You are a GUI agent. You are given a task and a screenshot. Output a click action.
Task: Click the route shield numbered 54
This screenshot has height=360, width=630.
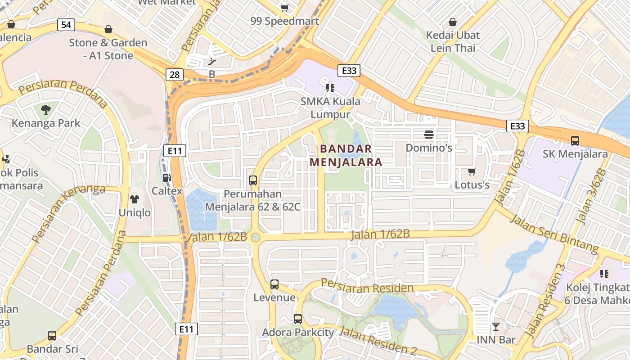(x=66, y=25)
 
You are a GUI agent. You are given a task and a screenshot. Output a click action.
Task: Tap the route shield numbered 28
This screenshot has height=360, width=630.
(x=174, y=74)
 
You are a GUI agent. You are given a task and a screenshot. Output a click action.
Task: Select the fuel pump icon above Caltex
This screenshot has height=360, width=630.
(x=166, y=178)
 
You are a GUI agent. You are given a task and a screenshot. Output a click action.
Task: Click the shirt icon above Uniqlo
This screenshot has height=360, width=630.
(x=135, y=199)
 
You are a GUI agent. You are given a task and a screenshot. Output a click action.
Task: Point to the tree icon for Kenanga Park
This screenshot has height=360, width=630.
(x=45, y=109)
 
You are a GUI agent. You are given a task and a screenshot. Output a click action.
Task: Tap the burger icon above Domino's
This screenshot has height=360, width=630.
(x=428, y=134)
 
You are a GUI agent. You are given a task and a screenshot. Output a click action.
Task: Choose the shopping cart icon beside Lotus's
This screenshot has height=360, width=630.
(x=472, y=171)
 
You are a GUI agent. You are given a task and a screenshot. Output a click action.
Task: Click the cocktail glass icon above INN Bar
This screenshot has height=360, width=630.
(x=496, y=326)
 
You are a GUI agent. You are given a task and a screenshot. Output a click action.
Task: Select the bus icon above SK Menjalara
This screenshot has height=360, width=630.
(x=575, y=140)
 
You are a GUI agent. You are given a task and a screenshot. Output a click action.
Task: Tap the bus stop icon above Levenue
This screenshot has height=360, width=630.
(x=274, y=284)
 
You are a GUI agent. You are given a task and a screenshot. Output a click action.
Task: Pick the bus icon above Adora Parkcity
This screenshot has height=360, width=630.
(x=297, y=319)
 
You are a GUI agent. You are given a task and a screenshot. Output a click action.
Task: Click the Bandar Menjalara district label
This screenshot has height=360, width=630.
(x=346, y=155)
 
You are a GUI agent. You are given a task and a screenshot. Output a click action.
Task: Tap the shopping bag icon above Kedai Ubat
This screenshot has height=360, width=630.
(x=453, y=22)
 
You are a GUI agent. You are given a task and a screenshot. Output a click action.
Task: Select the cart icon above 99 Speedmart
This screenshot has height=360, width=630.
(x=284, y=8)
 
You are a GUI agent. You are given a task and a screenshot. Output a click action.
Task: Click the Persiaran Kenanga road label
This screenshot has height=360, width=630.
(x=68, y=211)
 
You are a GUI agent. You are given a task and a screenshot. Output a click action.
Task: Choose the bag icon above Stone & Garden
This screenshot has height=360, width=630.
(x=108, y=30)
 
